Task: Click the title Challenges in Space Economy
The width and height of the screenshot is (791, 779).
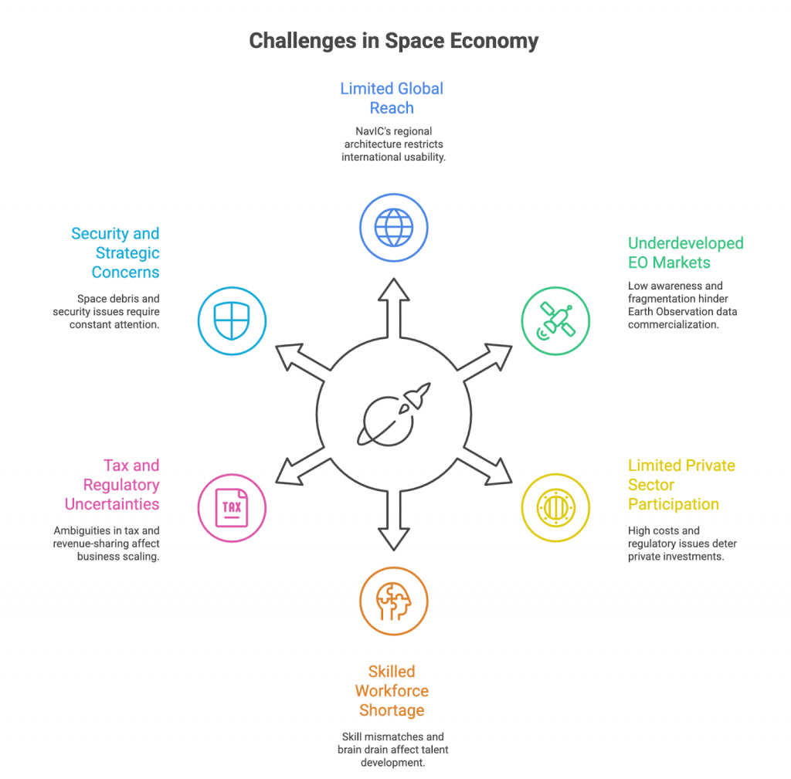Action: [393, 41]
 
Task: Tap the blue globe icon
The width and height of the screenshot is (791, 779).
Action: [393, 228]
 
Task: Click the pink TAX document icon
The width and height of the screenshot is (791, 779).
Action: [232, 507]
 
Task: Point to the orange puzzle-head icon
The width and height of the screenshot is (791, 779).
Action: [393, 601]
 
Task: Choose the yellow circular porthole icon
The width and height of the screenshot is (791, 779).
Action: [555, 507]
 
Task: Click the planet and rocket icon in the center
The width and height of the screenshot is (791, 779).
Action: [393, 414]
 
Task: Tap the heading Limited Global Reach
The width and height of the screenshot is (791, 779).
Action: [392, 98]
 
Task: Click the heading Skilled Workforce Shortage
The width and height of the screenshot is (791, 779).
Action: [392, 690]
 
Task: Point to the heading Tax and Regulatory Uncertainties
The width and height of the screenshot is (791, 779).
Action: [112, 485]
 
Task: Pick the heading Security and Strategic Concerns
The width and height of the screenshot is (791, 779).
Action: [115, 252]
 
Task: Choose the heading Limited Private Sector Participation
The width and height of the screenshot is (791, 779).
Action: [681, 485]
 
